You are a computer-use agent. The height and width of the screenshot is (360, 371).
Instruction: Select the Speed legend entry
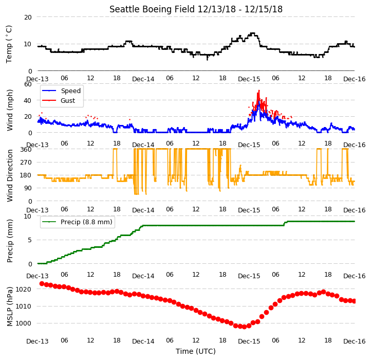point(61,91)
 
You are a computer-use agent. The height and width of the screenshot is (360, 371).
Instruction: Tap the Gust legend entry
point(59,100)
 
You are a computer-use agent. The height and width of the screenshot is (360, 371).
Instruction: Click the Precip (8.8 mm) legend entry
point(77,222)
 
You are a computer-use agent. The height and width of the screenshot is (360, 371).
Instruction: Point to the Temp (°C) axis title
point(9,44)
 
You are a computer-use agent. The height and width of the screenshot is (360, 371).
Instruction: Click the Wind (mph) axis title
point(10,110)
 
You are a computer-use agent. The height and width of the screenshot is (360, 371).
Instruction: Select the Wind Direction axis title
point(10,175)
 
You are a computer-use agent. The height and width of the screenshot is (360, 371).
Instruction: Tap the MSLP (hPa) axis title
point(10,307)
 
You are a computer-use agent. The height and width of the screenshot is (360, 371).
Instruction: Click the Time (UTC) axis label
point(196,351)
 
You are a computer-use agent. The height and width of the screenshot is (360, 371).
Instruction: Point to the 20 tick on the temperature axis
point(28,17)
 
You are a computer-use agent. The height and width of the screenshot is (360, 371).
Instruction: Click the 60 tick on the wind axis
point(28,84)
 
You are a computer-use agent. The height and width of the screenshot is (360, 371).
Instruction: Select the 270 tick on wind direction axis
point(26,163)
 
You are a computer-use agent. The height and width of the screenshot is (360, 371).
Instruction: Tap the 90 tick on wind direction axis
point(28,188)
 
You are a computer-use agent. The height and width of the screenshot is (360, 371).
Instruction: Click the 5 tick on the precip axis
point(30,240)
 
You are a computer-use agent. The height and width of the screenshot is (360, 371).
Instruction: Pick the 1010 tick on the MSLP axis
point(24,306)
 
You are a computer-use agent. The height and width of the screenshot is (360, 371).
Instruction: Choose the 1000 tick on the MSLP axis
point(24,323)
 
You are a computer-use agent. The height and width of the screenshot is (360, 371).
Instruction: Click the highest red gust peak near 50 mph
point(259,91)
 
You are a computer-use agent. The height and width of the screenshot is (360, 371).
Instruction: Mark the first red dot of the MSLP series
point(42,283)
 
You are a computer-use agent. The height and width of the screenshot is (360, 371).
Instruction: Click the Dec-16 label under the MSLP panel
point(355,341)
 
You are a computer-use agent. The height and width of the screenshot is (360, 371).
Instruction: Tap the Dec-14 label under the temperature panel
point(143,79)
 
